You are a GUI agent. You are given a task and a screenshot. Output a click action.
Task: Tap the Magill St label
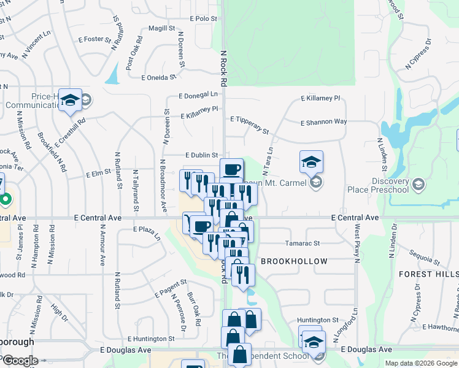point(161,28)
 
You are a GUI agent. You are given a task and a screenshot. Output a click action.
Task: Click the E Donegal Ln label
point(198,95)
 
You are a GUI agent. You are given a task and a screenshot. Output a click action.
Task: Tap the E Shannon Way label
point(323,123)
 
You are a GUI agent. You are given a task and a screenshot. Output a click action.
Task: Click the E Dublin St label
point(202,156)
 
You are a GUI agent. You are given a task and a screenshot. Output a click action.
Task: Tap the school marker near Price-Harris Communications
point(71,100)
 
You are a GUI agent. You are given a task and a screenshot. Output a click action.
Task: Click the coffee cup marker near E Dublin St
point(231,169)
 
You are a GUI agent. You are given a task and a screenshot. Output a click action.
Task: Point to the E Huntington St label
point(151,339)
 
